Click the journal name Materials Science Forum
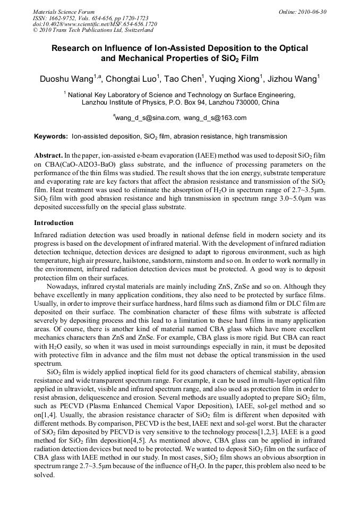coord(64,12)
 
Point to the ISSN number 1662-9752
coord(61,18)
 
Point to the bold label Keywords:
coord(51,136)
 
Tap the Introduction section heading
coord(54,223)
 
